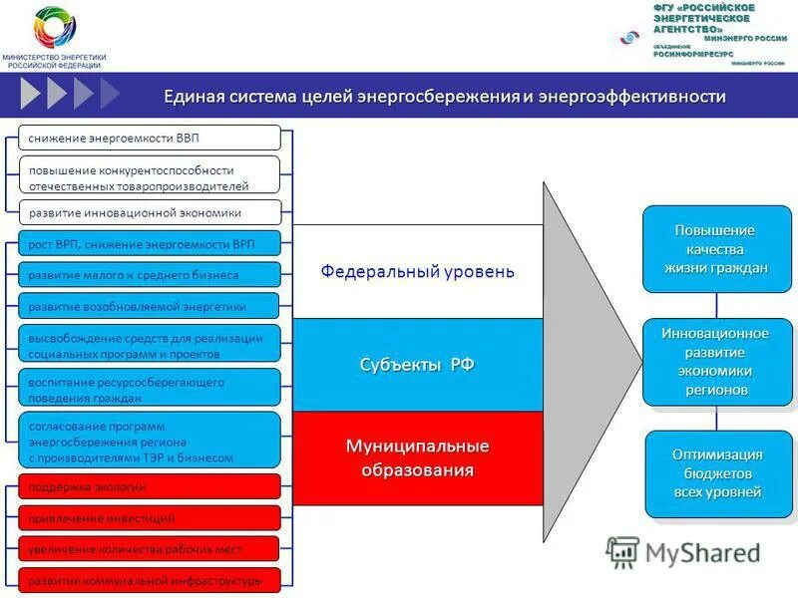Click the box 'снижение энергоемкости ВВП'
coord(150,138)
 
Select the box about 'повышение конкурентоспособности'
coord(150,177)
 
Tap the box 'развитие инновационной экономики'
coord(150,212)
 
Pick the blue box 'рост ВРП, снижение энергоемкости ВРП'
coord(150,243)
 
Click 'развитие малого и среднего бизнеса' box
coord(150,274)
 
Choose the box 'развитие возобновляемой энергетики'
coord(150,306)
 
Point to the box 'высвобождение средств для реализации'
coord(150,345)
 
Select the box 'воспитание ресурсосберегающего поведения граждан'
coord(150,389)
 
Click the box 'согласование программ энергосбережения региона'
coord(150,441)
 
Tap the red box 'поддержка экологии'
coord(150,486)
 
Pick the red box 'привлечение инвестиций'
coord(150,517)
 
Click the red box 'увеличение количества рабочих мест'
coord(150,548)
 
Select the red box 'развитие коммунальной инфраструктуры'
coord(150,579)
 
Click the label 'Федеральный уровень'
coord(417,271)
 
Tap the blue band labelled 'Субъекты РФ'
coord(417,365)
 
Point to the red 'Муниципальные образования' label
coord(417,456)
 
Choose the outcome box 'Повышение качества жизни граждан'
coord(717,249)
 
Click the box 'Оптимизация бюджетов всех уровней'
coord(717,473)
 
